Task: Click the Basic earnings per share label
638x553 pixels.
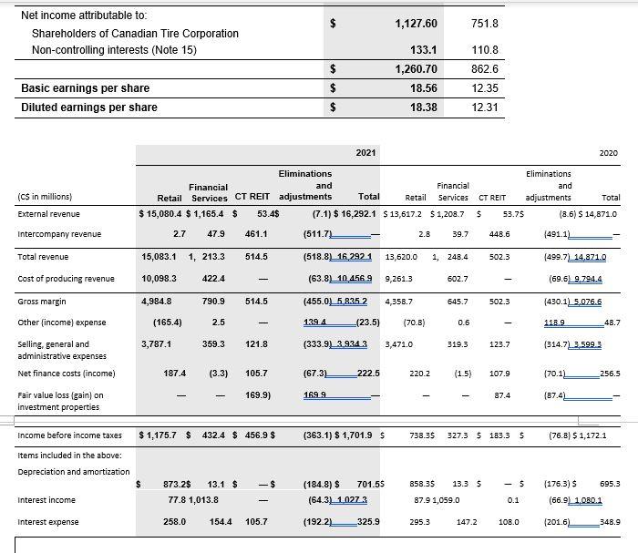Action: [x=85, y=88]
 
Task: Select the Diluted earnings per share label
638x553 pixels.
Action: [x=89, y=108]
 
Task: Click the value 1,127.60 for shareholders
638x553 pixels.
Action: [x=417, y=24]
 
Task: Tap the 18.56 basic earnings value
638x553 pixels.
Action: [x=424, y=88]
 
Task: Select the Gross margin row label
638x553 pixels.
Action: [x=41, y=301]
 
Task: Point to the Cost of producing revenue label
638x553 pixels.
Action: [x=66, y=279]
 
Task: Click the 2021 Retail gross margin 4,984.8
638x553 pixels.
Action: [x=159, y=301]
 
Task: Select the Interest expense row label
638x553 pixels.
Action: [x=47, y=521]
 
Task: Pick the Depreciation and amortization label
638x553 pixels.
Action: [x=73, y=471]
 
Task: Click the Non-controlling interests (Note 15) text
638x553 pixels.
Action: [x=114, y=50]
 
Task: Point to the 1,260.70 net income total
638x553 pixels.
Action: [x=417, y=68]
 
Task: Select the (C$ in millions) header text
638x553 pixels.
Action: [x=46, y=196]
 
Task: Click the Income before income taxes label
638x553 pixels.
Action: [x=69, y=435]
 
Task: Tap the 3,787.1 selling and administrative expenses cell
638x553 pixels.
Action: [x=159, y=343]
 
